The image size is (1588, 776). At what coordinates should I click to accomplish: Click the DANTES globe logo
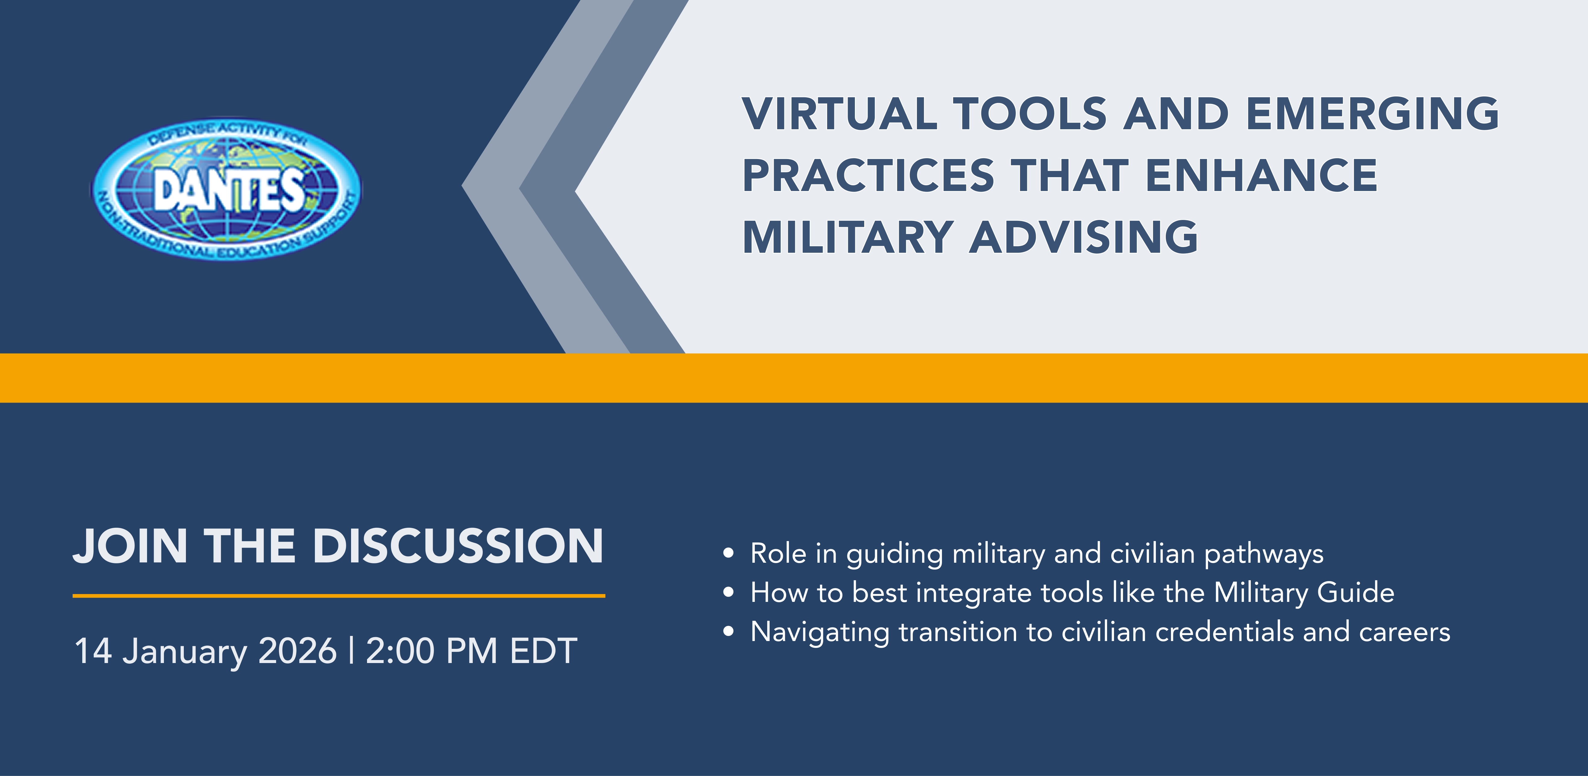[226, 189]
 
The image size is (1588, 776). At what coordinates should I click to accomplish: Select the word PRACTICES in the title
[869, 176]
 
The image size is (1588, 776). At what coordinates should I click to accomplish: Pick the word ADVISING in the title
[1084, 237]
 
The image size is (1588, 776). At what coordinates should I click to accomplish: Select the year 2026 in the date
[298, 651]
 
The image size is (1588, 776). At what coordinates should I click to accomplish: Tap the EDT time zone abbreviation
[544, 651]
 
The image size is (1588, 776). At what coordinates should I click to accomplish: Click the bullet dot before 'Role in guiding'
[729, 553]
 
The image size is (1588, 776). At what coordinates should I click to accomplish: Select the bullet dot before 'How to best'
[729, 593]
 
